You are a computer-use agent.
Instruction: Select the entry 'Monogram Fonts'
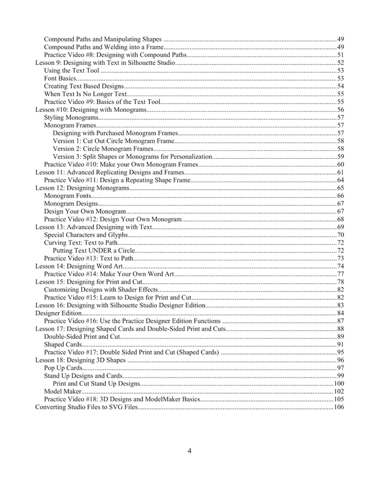tap(69, 195)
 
